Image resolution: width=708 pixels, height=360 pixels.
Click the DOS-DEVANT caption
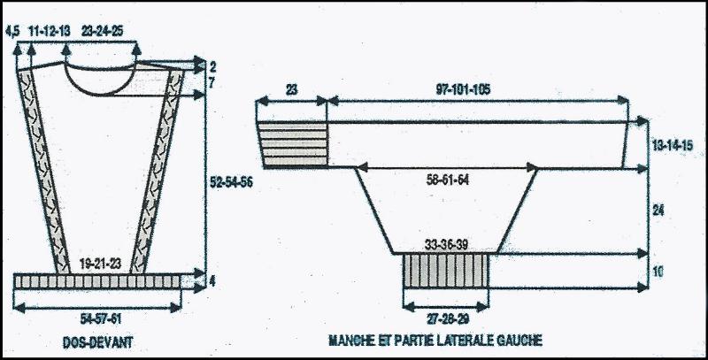coord(98,342)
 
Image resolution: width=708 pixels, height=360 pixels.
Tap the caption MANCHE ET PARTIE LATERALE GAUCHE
coord(435,340)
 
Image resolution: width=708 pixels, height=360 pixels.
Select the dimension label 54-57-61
coord(101,319)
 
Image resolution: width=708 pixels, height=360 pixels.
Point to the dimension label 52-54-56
coord(231,182)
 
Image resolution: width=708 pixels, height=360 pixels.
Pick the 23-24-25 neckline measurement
coord(102,31)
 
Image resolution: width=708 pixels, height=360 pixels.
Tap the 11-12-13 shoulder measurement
coord(50,31)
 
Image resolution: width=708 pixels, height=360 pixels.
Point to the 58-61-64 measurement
coord(448,180)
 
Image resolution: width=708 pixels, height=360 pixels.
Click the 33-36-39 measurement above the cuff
coord(446,245)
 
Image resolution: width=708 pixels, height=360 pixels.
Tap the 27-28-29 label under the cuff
coord(447,319)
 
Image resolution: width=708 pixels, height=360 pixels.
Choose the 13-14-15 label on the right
coord(673,145)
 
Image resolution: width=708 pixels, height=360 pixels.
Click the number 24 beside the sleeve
coord(658,211)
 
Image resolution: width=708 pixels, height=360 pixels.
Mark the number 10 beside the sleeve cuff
coord(658,272)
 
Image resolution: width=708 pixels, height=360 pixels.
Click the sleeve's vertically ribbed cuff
coord(446,271)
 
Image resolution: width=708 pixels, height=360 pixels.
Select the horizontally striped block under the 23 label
coord(292,145)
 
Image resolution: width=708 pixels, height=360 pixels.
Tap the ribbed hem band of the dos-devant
coord(97,281)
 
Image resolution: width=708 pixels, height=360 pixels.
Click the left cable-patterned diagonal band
coord(43,172)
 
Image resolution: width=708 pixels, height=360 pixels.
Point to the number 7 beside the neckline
coord(212,83)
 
